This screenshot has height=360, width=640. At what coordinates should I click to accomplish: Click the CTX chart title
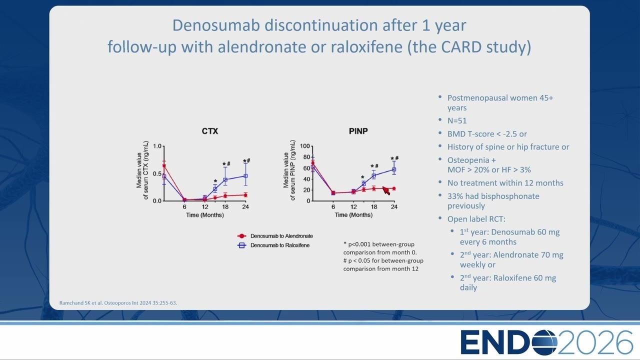tap(210, 131)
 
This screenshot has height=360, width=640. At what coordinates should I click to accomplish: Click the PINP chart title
tap(358, 131)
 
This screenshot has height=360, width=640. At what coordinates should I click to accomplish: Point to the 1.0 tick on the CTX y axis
tap(157, 146)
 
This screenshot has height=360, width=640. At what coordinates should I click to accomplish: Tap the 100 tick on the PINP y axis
tap(305, 146)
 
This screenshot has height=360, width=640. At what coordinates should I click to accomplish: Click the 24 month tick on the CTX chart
tap(245, 207)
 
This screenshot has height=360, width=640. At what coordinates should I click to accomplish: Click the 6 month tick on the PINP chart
tap(333, 207)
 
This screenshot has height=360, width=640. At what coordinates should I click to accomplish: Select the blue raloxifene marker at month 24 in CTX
tap(245, 176)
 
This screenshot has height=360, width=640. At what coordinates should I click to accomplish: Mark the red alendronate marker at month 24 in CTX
tap(245, 195)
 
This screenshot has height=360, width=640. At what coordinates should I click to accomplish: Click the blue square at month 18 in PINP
tap(373, 176)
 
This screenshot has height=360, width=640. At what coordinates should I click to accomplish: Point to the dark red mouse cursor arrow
tap(386, 190)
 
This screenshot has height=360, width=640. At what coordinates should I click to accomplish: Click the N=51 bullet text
tap(457, 121)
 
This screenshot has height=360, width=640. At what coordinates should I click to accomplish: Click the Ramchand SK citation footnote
tap(118, 303)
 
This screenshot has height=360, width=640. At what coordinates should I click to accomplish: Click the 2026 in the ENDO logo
tap(595, 342)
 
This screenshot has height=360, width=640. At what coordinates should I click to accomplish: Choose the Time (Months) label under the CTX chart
tap(205, 215)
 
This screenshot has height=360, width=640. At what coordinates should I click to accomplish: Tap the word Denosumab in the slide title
tap(216, 25)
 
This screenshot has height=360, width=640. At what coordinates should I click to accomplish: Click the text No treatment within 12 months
tap(505, 183)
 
